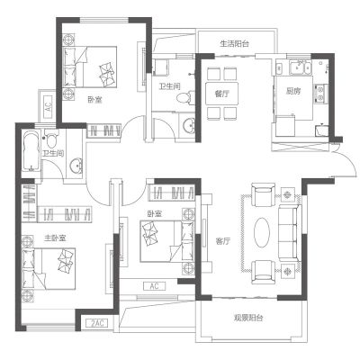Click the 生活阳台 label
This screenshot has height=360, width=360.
[234, 44]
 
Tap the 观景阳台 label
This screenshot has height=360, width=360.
[248, 318]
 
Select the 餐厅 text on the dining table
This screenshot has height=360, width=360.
[221, 94]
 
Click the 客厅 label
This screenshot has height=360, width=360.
[223, 241]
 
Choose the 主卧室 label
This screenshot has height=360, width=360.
[55, 238]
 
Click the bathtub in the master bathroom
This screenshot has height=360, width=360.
[31, 151]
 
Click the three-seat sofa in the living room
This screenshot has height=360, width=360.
[290, 233]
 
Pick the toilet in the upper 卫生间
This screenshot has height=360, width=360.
[185, 98]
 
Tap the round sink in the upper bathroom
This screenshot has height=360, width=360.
[189, 125]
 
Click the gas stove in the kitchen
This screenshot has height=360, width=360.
[319, 93]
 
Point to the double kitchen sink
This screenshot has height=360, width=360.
[301, 67]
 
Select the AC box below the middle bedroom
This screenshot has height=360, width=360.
[154, 286]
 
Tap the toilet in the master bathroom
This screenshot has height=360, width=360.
[50, 139]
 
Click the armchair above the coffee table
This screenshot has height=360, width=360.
[263, 195]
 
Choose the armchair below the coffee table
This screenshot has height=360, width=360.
[263, 272]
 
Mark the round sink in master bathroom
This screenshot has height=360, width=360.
[76, 166]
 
